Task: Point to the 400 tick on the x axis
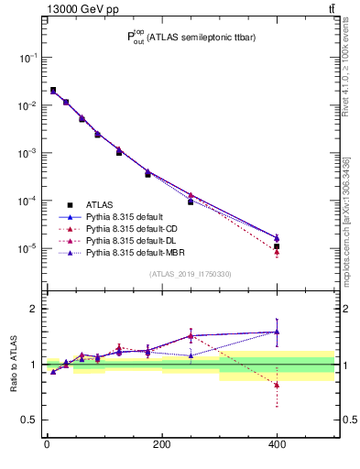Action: coord(277,444)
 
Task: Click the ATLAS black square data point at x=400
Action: coord(277,246)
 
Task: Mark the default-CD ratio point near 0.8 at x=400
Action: coord(277,386)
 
